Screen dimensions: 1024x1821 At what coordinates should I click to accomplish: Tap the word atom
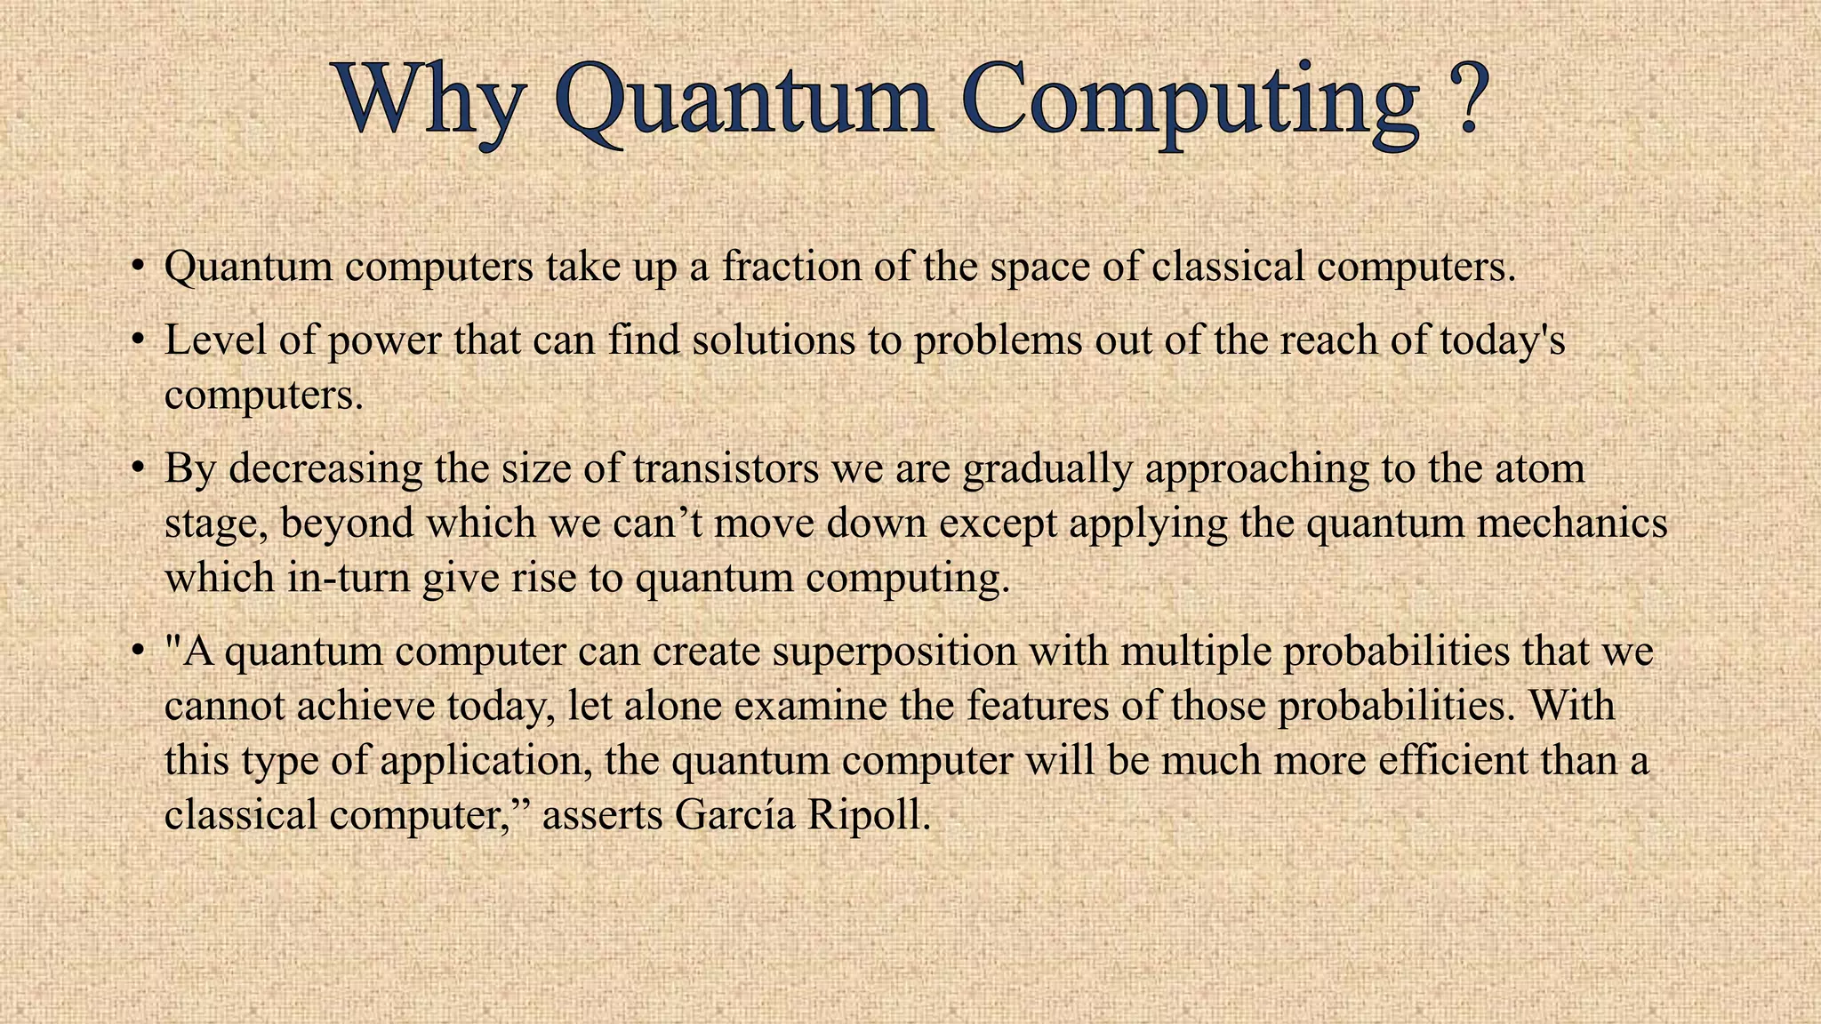(x=1539, y=468)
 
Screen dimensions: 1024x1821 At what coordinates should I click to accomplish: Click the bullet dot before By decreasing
(x=136, y=467)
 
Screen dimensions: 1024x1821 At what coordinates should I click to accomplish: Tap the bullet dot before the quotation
(x=136, y=652)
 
